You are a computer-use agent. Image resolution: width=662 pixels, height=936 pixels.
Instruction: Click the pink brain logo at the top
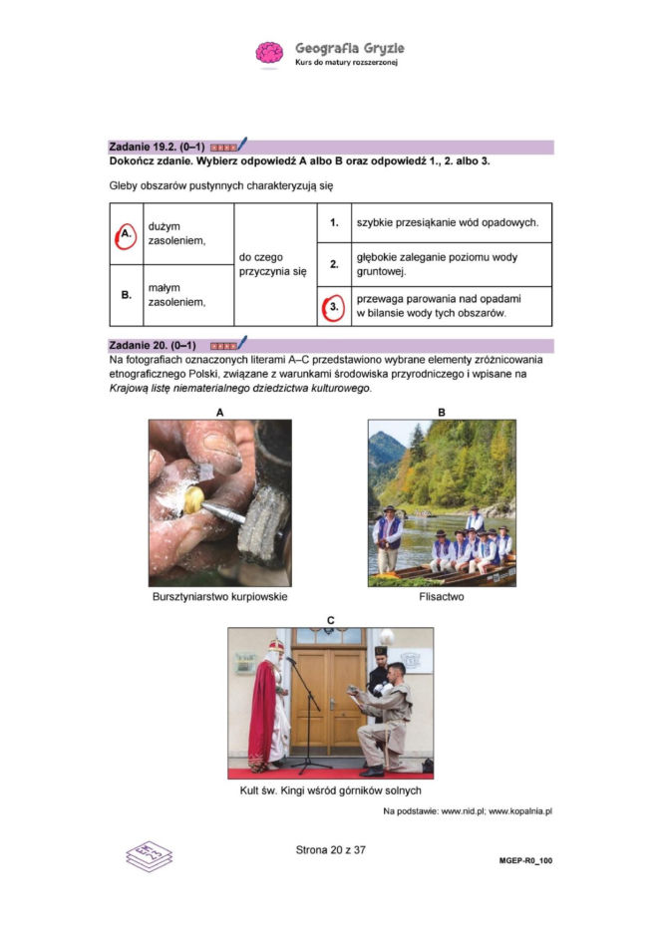pos(269,52)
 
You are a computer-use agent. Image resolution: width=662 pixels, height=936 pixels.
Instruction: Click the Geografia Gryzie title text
pos(350,48)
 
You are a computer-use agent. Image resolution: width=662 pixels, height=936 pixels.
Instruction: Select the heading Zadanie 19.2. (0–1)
pos(157,147)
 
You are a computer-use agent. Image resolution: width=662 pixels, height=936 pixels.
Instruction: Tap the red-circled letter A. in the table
pos(126,235)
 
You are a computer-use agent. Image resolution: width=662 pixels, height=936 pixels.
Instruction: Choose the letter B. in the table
pos(126,295)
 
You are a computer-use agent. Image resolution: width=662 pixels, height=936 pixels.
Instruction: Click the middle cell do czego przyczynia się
pos(273,264)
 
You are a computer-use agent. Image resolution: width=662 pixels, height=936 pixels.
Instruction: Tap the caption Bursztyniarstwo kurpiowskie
pos(219,597)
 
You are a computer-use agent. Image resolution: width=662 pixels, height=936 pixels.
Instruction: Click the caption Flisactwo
pos(441,597)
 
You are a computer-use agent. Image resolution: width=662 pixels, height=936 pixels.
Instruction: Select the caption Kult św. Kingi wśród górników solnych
pos(330,790)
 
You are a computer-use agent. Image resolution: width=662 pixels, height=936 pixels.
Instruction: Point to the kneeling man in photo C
pos(383,714)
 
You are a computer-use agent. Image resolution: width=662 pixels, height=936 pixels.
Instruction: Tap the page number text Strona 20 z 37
pos(331,850)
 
